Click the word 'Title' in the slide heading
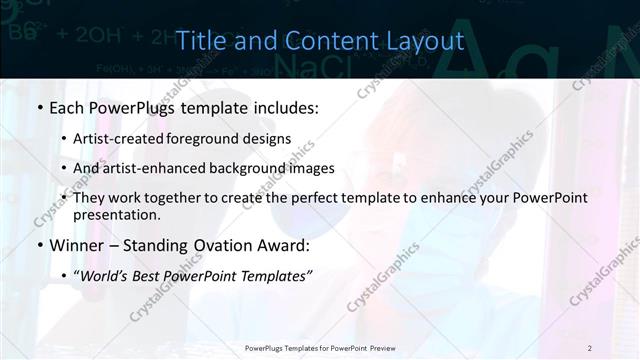pos(200,40)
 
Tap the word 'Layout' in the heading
pos(426,40)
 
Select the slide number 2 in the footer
pos(589,347)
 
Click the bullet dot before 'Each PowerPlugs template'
pos(39,107)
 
